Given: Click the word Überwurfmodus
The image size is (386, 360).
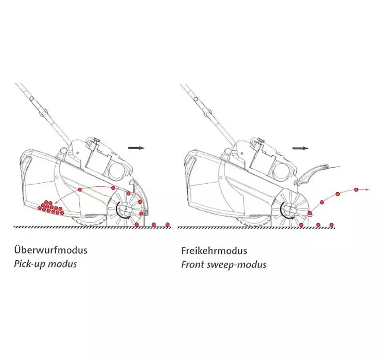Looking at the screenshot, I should tap(50, 251).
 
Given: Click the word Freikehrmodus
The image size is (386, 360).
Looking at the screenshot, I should tap(214, 251).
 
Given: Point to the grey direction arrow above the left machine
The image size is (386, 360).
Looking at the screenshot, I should tap(136, 148).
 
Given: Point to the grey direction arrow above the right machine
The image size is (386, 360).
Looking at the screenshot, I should tap(300, 148).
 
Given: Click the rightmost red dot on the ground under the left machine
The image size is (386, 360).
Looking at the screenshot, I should tap(167, 224).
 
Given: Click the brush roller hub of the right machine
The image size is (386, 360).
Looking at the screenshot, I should tap(290, 209).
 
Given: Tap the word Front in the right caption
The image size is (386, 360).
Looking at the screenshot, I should tap(192, 265).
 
